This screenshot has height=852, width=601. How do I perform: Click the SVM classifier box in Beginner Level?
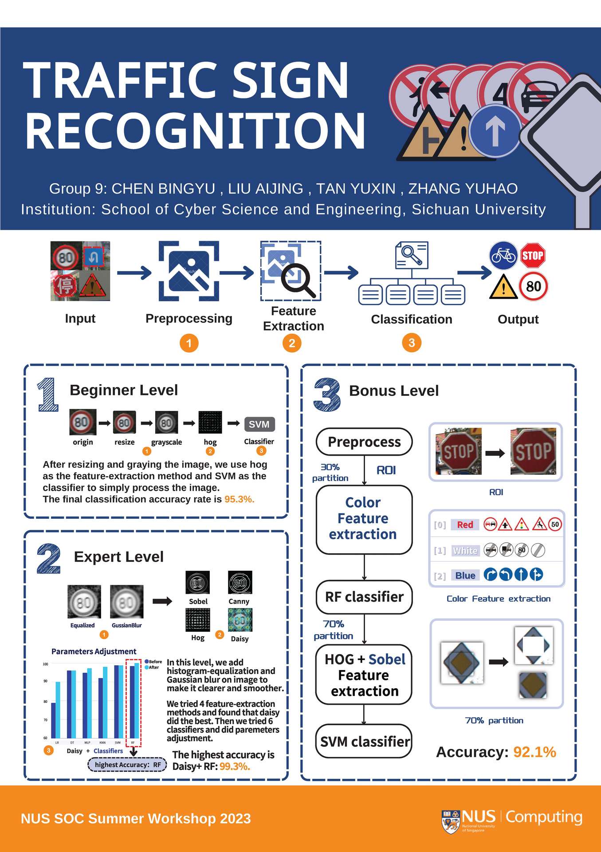(x=259, y=424)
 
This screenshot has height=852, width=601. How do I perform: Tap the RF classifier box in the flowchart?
(x=364, y=597)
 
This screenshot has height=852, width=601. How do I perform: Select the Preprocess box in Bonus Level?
(x=364, y=442)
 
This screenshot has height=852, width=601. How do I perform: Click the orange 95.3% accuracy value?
(x=240, y=499)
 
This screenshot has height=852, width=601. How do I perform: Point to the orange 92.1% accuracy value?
(x=534, y=752)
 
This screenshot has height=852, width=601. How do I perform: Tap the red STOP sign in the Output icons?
(x=532, y=256)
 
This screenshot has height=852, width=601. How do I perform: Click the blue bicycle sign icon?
(x=503, y=256)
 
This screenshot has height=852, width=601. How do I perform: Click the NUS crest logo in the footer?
(x=451, y=821)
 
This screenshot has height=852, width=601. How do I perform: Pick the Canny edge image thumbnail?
(x=240, y=583)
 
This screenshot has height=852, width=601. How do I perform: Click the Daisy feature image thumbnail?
(x=240, y=620)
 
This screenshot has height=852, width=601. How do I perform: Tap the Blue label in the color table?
(x=465, y=576)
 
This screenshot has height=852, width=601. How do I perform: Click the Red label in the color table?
(x=465, y=525)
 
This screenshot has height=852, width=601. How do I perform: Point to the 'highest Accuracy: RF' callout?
(x=127, y=765)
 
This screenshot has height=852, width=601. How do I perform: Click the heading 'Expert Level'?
(x=119, y=556)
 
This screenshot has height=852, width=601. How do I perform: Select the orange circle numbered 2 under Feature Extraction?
(x=292, y=343)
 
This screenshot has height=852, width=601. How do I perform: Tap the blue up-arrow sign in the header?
(x=495, y=131)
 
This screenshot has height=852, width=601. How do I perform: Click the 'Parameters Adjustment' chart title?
(x=94, y=651)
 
